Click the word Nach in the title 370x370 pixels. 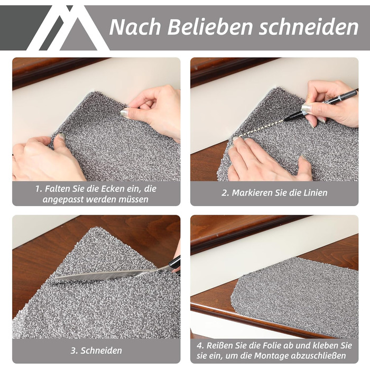135,26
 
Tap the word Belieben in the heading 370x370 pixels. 210,26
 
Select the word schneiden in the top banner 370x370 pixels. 309,26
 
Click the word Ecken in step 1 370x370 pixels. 113,189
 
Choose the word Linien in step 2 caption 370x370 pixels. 316,193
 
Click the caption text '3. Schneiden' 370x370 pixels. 96,350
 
